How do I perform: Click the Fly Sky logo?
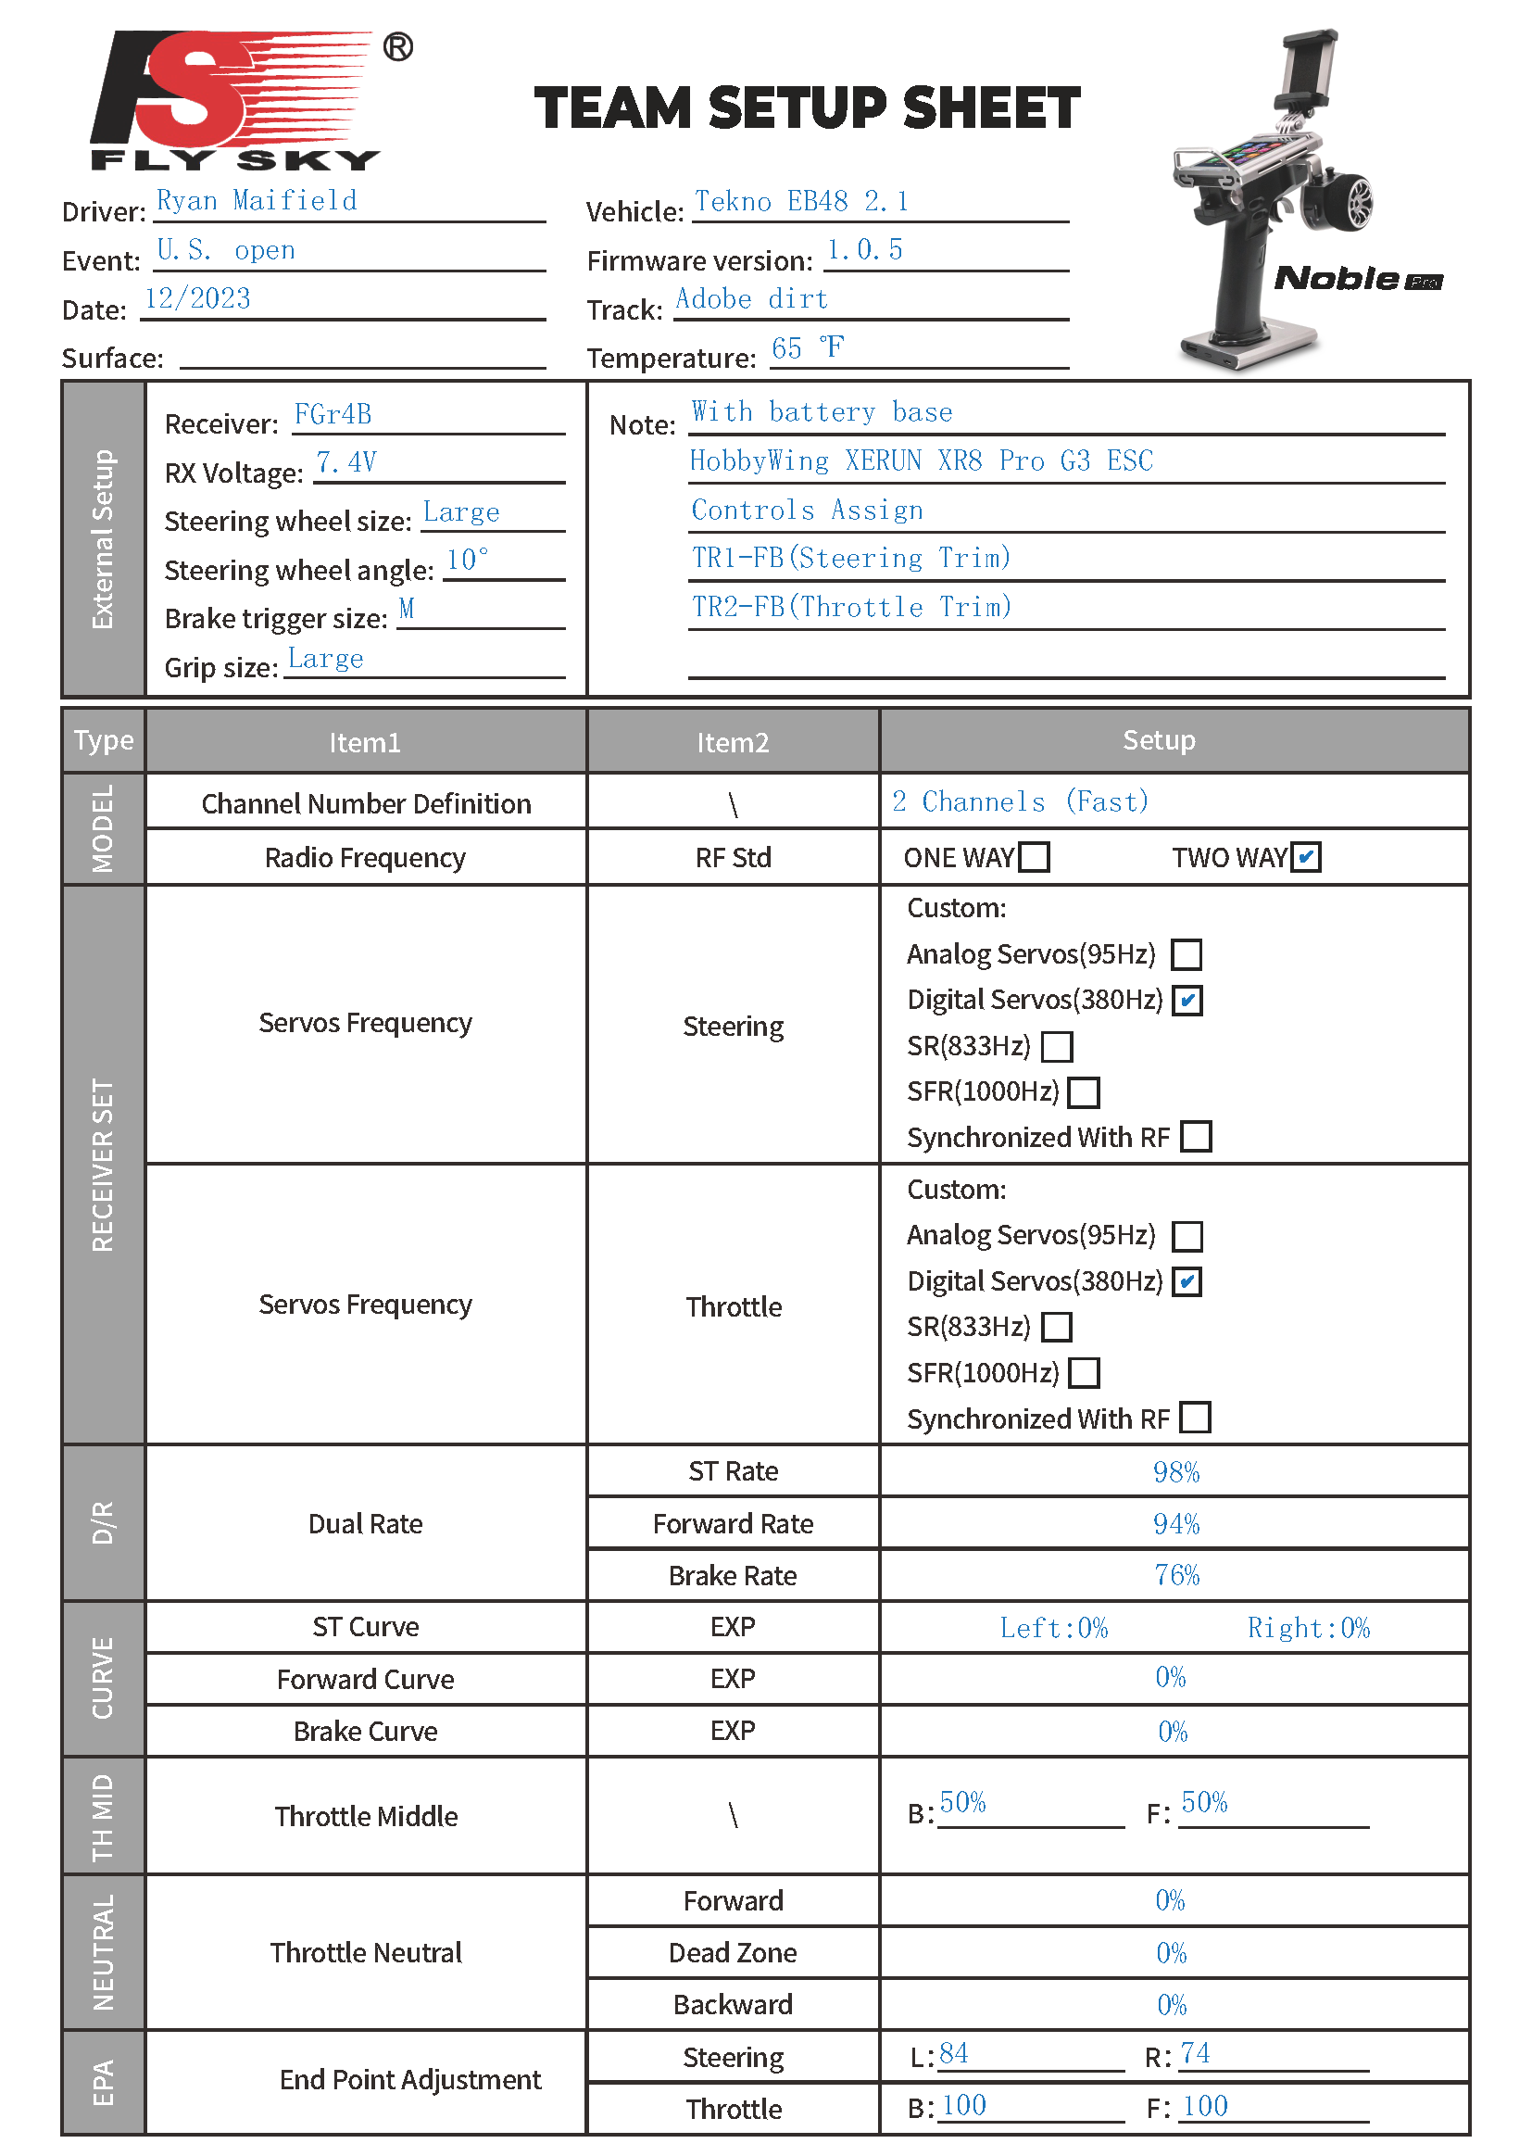(236, 100)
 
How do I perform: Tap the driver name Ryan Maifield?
(257, 201)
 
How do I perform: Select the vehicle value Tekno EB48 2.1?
(801, 202)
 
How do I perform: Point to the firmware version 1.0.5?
(864, 250)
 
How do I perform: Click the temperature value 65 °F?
(807, 348)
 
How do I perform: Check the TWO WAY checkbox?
(1306, 857)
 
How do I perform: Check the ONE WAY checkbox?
(1035, 857)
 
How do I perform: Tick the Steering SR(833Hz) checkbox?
(1057, 1045)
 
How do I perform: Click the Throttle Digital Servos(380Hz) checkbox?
(1187, 1281)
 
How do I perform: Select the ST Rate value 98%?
(1175, 1472)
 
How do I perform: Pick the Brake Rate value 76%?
(1176, 1575)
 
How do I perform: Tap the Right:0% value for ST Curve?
(1308, 1628)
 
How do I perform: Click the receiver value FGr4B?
(333, 415)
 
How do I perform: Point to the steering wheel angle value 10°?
(467, 561)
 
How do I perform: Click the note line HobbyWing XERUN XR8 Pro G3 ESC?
(921, 461)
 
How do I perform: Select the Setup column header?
(1159, 740)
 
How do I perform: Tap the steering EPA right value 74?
(1195, 2053)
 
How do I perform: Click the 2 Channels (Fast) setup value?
(1020, 802)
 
